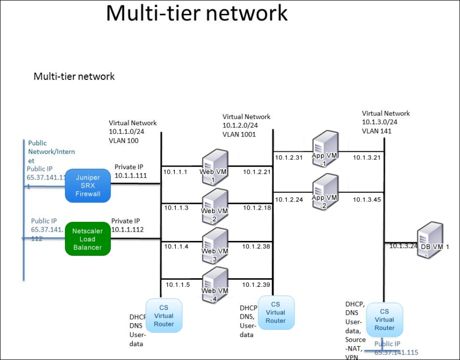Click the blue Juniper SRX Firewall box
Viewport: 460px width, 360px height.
[88, 186]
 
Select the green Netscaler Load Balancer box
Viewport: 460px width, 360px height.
[87, 239]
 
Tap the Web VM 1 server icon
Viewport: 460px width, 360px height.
[214, 165]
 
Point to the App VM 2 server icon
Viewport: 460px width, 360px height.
[325, 190]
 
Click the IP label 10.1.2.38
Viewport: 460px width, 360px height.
[256, 246]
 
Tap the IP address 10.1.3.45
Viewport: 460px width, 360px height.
[366, 199]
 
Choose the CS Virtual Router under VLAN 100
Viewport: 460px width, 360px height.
[164, 316]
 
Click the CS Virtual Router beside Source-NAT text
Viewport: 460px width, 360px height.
[384, 319]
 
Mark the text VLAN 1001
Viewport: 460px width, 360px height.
[239, 134]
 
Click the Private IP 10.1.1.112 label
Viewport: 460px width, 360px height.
[128, 225]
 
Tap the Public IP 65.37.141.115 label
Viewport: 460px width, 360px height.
[396, 348]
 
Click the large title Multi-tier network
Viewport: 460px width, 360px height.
[197, 14]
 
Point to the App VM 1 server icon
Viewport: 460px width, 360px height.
[325, 148]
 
